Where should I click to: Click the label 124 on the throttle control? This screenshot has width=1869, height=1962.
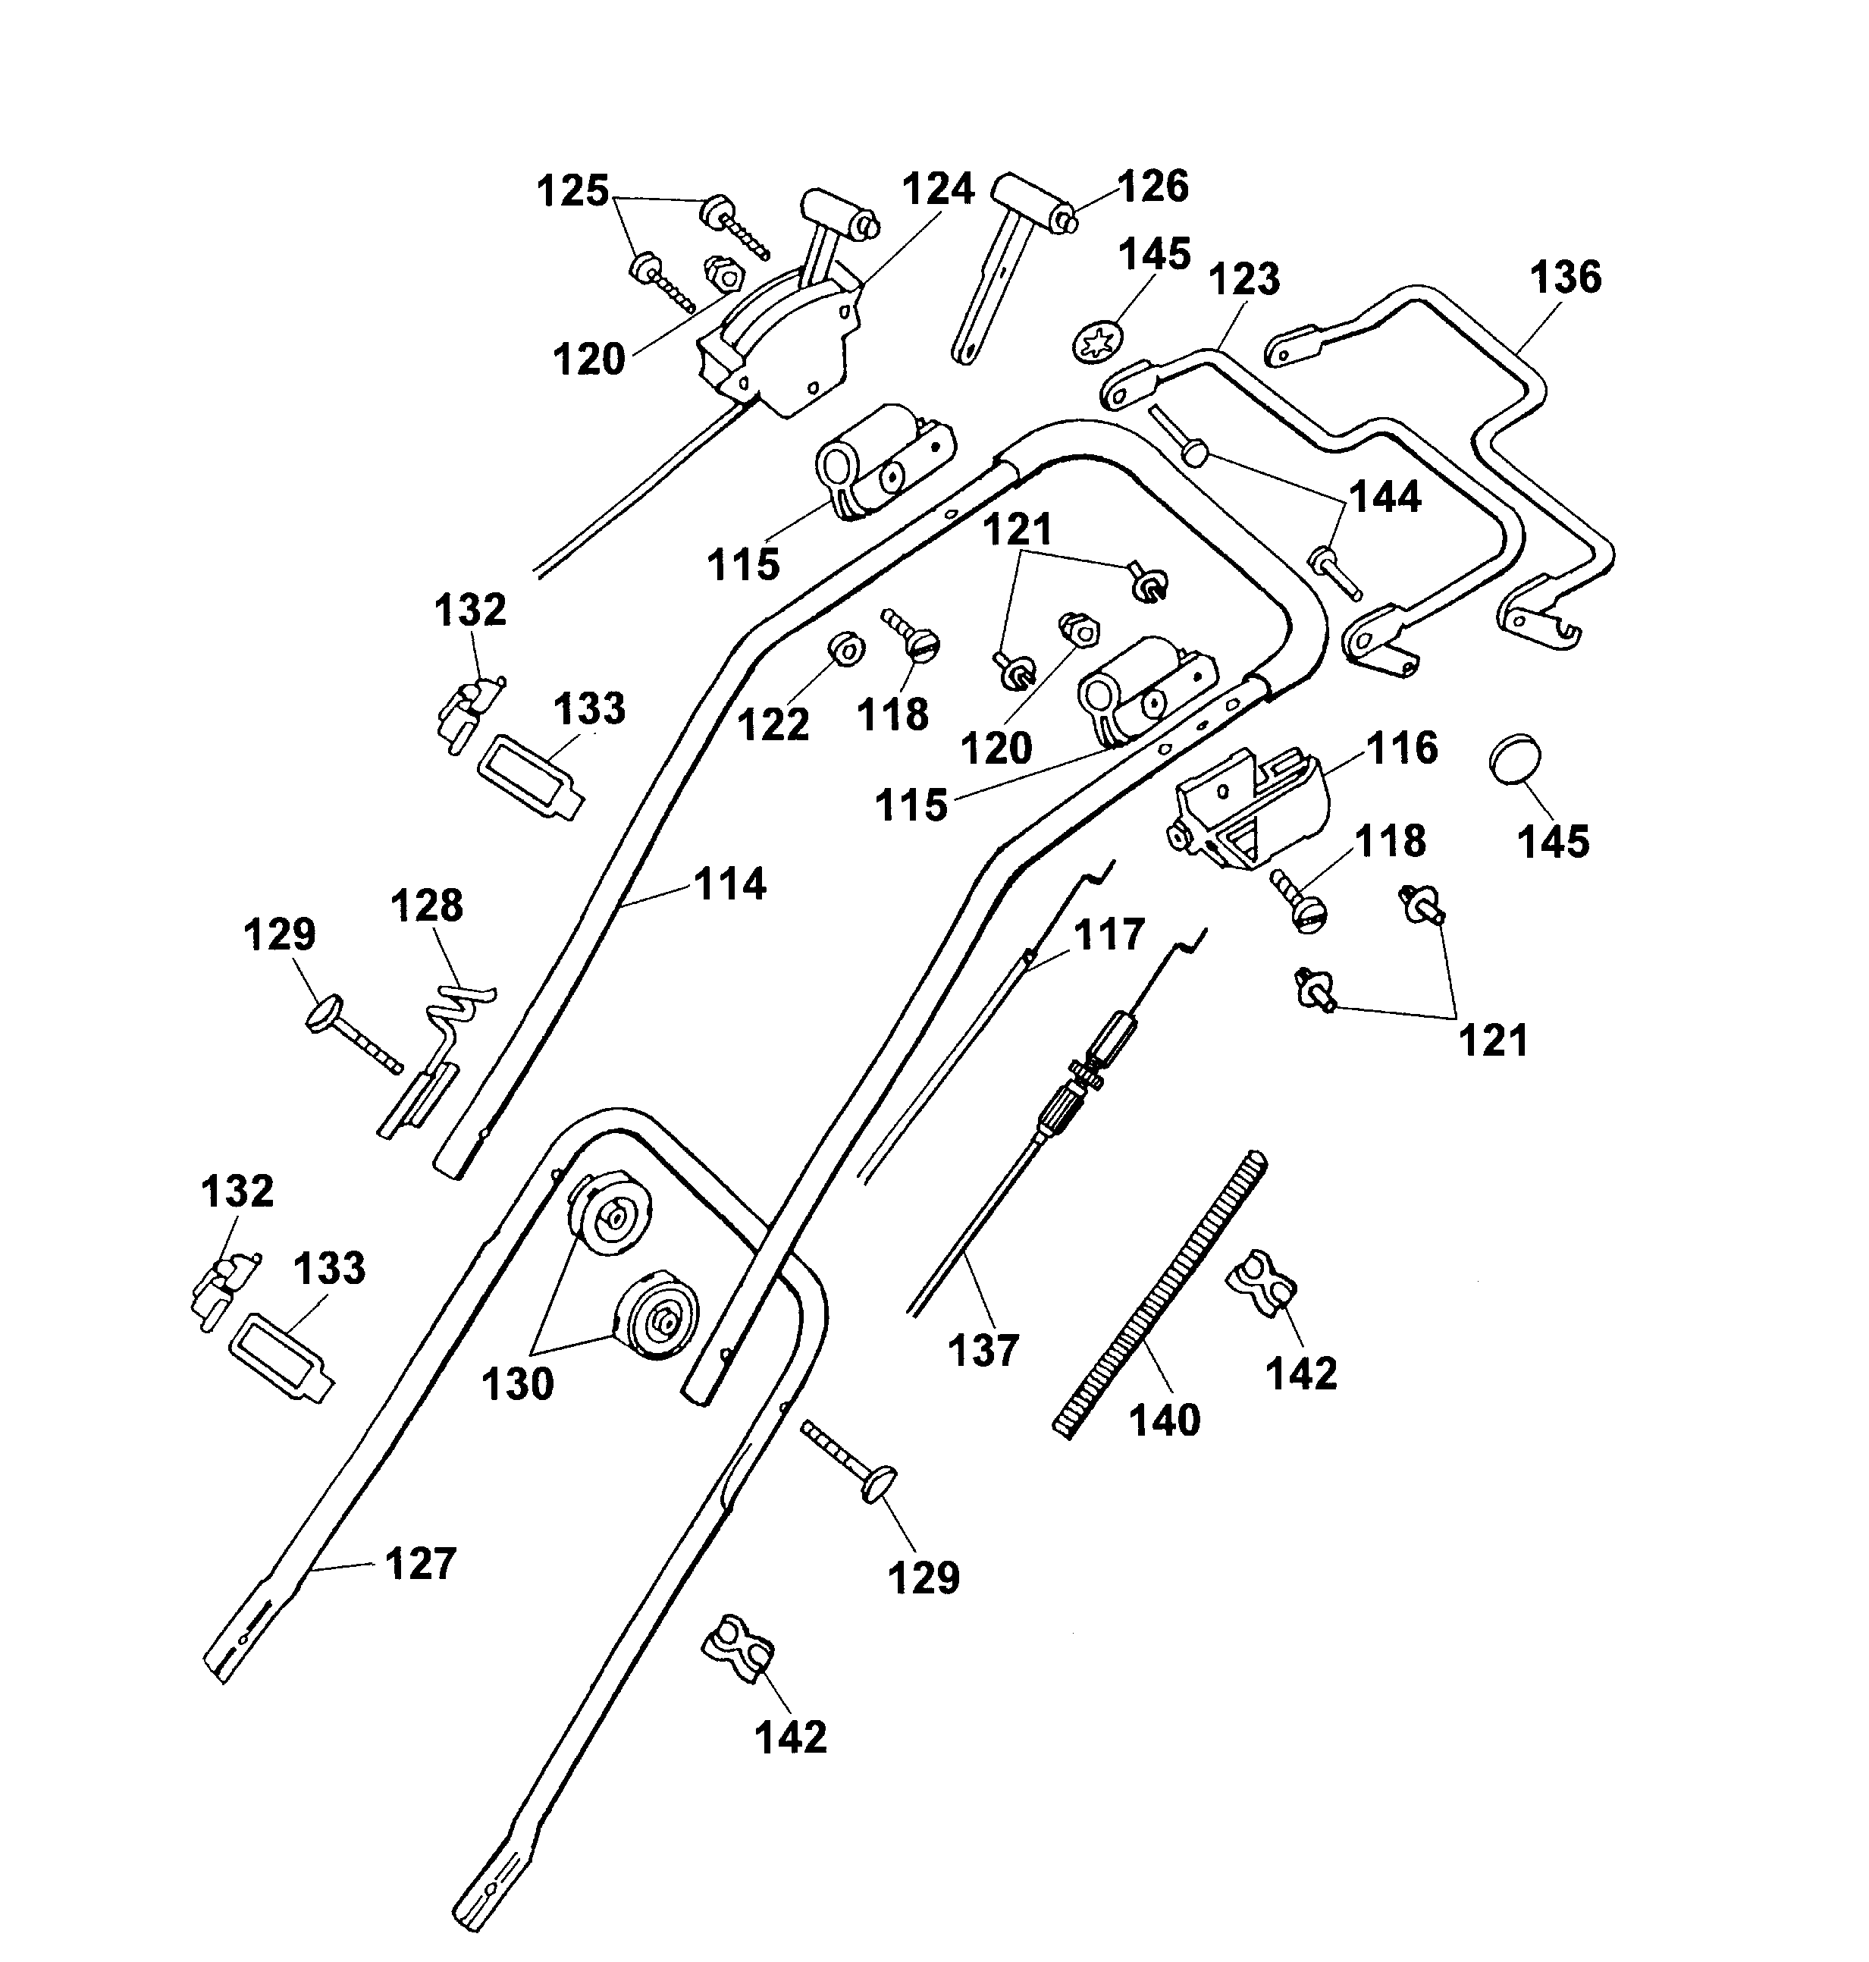(937, 190)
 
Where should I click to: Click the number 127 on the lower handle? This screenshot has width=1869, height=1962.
(419, 1563)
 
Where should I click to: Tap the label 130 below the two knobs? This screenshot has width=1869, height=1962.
(517, 1384)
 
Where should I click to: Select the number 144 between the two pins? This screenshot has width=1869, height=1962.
(1384, 496)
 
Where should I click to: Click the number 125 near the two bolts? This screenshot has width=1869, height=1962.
(573, 190)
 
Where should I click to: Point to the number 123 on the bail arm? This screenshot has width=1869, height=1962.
(1243, 279)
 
